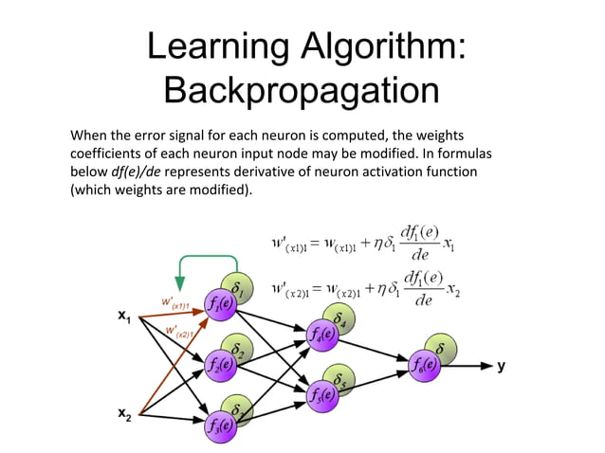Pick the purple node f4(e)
322,334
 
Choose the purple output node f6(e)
424,363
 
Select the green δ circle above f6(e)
440,349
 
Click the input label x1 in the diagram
124,317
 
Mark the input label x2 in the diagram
124,412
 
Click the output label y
502,366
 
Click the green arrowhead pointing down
178,284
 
